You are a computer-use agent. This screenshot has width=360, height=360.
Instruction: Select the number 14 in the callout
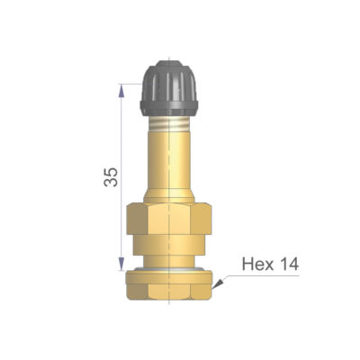point(287,264)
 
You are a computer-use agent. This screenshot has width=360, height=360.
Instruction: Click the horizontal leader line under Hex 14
point(270,275)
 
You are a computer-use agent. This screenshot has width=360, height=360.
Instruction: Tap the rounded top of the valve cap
point(168,65)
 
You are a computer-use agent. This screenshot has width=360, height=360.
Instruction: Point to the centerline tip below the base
point(168,310)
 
